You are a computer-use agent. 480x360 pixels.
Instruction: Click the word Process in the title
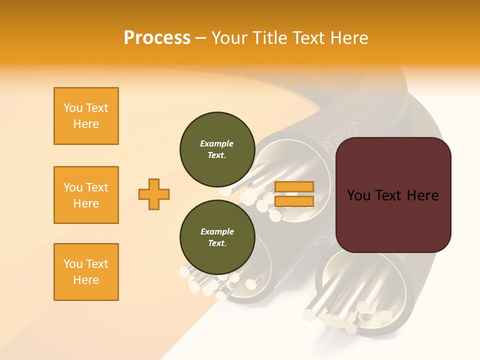coord(157,37)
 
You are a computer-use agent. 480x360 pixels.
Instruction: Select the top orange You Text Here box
coord(86,116)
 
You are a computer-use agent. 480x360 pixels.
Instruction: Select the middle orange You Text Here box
coord(86,195)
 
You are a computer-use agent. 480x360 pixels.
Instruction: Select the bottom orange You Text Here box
coord(86,272)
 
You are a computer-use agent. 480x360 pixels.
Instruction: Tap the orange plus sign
coord(154,194)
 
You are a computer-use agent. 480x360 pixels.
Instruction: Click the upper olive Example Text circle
coord(217,149)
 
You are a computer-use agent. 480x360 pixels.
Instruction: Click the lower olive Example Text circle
coord(217,237)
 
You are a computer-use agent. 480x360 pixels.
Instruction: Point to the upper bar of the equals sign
coord(294,187)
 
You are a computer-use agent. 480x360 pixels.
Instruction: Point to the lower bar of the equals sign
coord(294,201)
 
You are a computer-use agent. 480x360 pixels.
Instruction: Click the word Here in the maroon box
coord(422,195)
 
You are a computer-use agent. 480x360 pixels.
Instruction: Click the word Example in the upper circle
coord(217,143)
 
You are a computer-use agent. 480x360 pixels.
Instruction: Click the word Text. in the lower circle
coord(217,243)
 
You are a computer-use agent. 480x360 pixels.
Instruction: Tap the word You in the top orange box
coord(73,108)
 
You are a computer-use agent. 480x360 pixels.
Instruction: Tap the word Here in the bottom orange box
coord(86,280)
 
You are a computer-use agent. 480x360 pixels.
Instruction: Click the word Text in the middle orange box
coord(96,187)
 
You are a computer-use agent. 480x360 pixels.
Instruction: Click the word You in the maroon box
coord(359,195)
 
